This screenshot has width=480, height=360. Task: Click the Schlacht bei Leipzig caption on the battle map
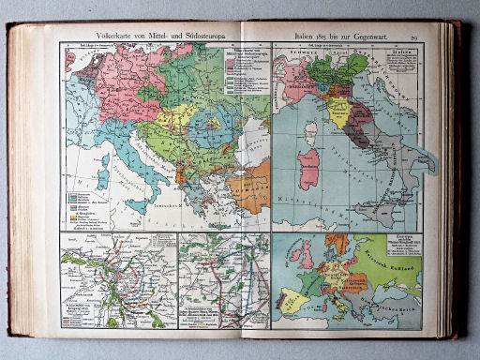point(78,307)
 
